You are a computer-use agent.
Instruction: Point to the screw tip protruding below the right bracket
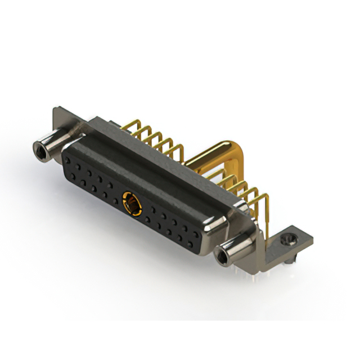point(287,262)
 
